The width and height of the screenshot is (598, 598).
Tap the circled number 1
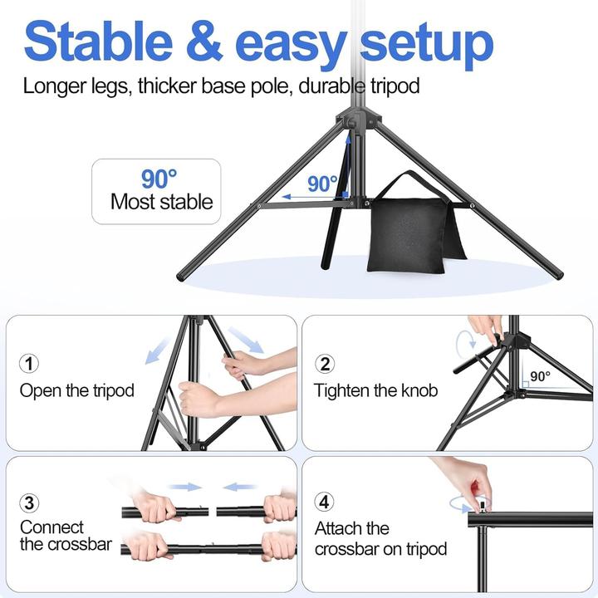[29, 364]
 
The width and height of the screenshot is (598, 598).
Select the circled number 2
[326, 364]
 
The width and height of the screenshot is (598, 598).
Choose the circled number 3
[29, 502]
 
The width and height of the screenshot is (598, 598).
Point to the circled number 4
[326, 502]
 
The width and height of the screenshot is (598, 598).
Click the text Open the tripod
[77, 390]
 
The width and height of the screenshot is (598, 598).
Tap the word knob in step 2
[418, 390]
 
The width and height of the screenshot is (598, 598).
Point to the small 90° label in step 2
[540, 376]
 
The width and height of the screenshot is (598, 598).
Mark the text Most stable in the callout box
[161, 201]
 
